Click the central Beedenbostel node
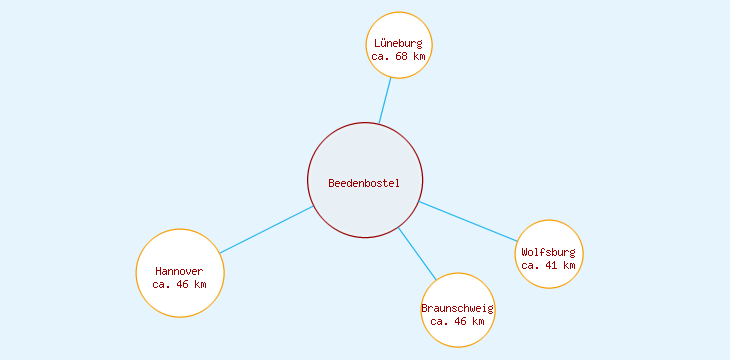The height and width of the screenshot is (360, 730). point(365,160)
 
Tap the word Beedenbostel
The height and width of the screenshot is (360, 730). point(364,183)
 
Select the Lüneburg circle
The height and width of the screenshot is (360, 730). point(399,28)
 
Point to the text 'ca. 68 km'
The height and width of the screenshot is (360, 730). point(398,57)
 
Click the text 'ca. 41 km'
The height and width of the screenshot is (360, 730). point(548,265)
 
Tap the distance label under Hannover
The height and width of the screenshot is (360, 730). point(180,284)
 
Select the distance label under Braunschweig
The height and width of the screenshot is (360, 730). point(458,321)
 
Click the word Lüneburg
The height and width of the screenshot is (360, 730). point(398,44)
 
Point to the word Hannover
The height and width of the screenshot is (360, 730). point(179,271)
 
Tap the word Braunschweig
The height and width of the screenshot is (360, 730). point(458,308)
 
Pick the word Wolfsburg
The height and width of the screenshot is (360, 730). point(548,252)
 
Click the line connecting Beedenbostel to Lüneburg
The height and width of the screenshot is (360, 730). point(385,100)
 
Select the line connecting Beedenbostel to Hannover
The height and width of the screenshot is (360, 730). point(267,229)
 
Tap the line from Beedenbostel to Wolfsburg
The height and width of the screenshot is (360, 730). point(468,221)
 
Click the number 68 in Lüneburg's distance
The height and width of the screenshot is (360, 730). point(402,57)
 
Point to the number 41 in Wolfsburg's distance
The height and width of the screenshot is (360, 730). point(552,265)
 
